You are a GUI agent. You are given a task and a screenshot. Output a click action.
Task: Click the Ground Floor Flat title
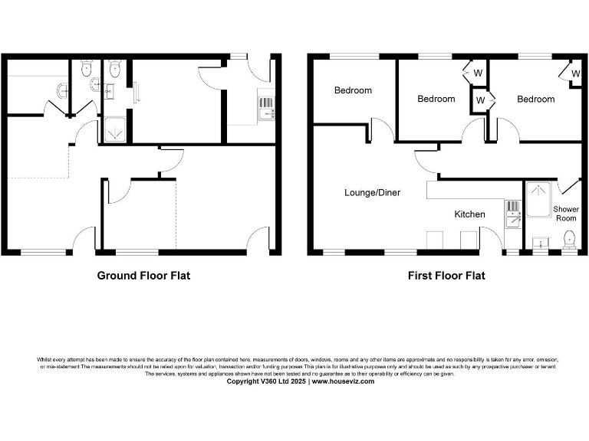point(143,276)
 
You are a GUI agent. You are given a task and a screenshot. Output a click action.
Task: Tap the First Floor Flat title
point(446,276)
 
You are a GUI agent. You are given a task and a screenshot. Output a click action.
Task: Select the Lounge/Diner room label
point(372,193)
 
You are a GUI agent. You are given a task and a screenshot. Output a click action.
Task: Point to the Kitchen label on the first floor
point(469,214)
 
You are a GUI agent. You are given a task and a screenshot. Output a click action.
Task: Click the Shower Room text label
point(566,214)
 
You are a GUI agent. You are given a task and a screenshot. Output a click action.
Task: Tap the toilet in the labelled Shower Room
point(568,242)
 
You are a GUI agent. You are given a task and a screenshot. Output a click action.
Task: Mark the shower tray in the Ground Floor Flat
point(116,131)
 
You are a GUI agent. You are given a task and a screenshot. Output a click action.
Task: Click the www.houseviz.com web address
point(343,381)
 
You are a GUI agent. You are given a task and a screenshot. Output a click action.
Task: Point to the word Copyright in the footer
point(242,381)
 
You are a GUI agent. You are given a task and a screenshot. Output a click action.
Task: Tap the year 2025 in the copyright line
point(295,381)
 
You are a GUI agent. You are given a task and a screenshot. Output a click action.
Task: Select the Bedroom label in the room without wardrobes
point(353,90)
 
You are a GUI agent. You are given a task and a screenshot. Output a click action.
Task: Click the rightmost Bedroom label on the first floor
point(535,99)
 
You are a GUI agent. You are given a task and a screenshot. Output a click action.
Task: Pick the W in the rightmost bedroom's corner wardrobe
point(575,73)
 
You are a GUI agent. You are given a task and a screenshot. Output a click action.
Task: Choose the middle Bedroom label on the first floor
point(436,99)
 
